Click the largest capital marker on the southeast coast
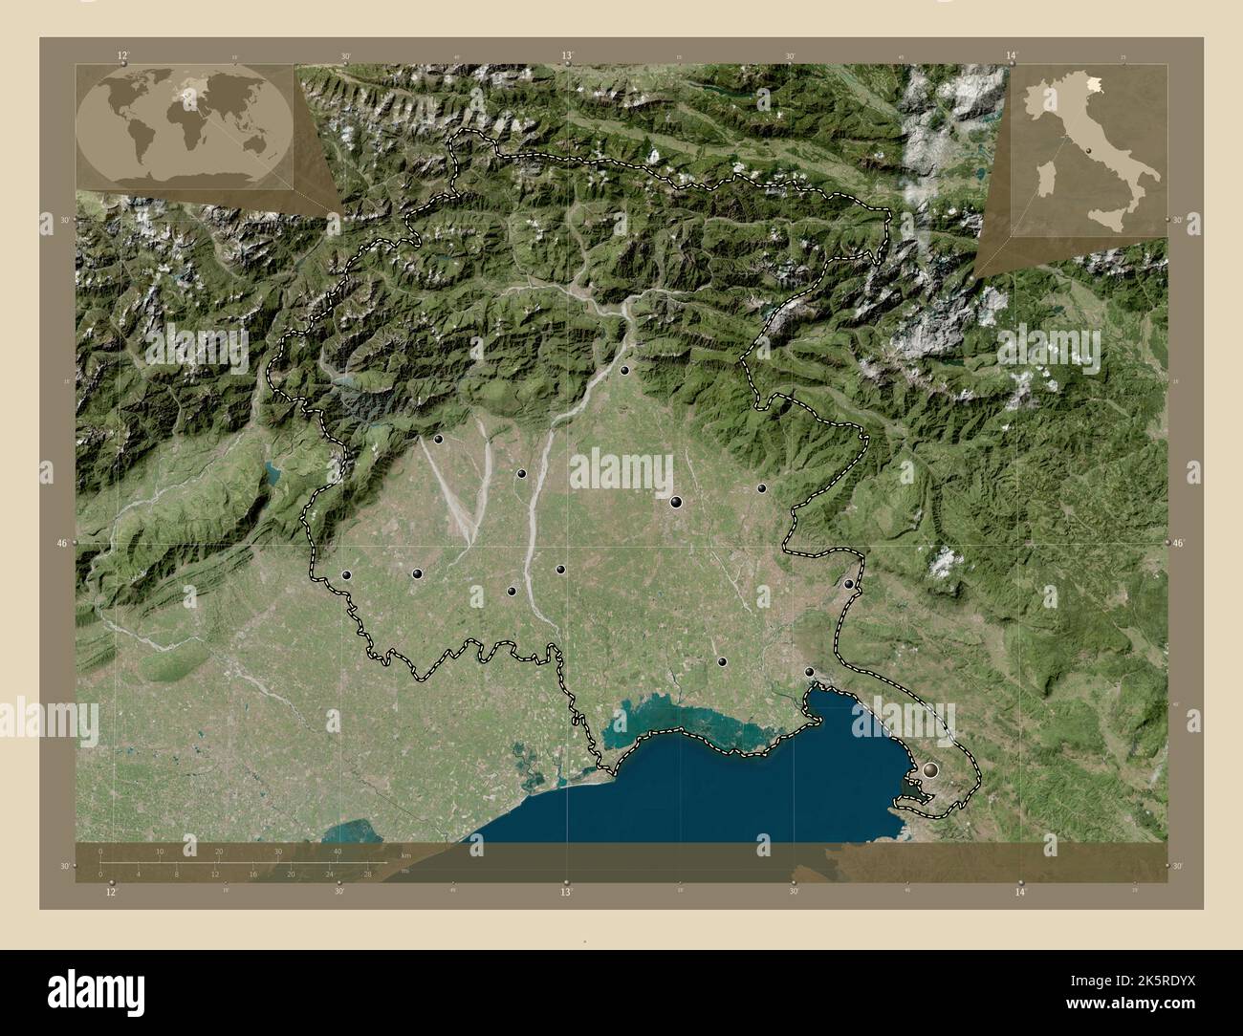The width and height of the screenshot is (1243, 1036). [930, 768]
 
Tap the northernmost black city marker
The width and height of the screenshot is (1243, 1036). [624, 370]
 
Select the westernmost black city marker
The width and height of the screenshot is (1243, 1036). [346, 575]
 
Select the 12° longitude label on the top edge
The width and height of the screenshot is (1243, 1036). [122, 56]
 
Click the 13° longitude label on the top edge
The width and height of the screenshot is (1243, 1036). [567, 56]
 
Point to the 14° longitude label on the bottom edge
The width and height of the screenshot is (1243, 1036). [1020, 892]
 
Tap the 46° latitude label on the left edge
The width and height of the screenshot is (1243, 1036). [61, 542]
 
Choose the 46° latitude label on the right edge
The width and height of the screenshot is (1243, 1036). [1179, 543]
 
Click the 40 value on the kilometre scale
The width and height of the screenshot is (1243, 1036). [337, 852]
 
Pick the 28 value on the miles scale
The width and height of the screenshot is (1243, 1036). [366, 874]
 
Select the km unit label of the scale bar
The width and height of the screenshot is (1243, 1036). [406, 853]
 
